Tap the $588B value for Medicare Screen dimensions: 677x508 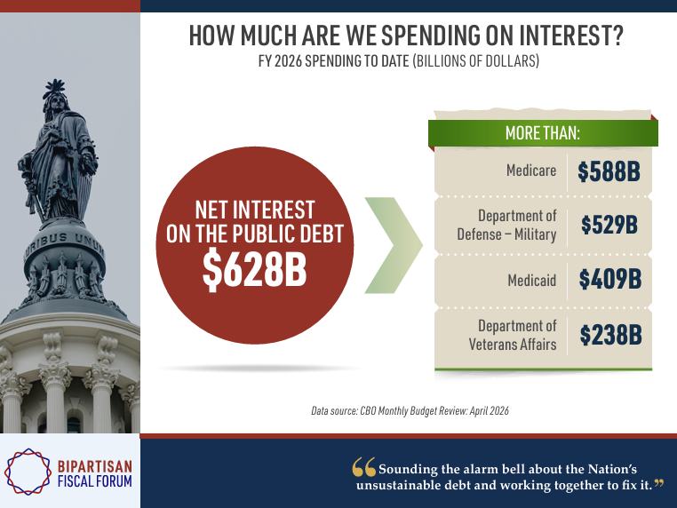click(x=609, y=171)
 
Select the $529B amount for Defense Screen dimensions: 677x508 click(x=609, y=225)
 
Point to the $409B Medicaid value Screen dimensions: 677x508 click(x=609, y=279)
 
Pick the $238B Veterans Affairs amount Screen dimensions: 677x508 click(x=610, y=335)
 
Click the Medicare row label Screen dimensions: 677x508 click(x=531, y=171)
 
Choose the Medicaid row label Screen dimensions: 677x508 click(x=532, y=281)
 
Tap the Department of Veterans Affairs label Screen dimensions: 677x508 click(x=513, y=335)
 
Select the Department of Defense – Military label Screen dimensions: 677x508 click(x=507, y=226)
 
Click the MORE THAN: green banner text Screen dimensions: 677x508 click(x=543, y=132)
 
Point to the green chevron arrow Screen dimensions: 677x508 click(x=394, y=246)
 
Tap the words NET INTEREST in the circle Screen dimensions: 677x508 click(x=255, y=210)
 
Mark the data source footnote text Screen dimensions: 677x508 click(x=410, y=410)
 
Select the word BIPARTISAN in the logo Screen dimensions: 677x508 click(x=95, y=466)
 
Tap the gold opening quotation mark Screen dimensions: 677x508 click(x=363, y=467)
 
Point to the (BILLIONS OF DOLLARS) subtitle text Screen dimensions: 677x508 click(x=476, y=61)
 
